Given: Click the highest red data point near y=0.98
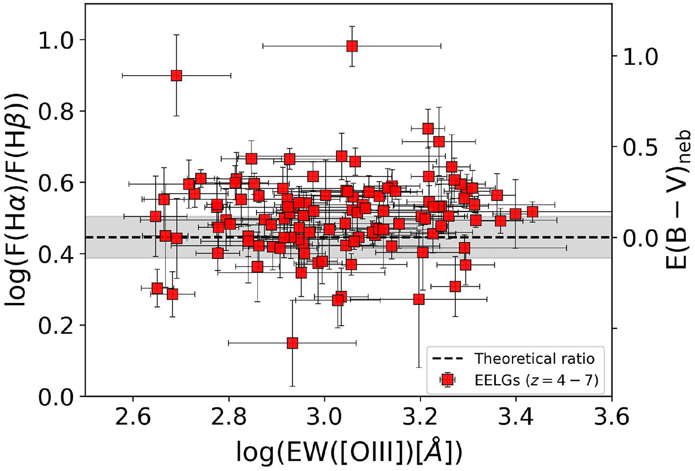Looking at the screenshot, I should point(352,46).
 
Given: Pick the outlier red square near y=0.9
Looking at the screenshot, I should point(177,75).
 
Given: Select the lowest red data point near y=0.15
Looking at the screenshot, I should point(292,343).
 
